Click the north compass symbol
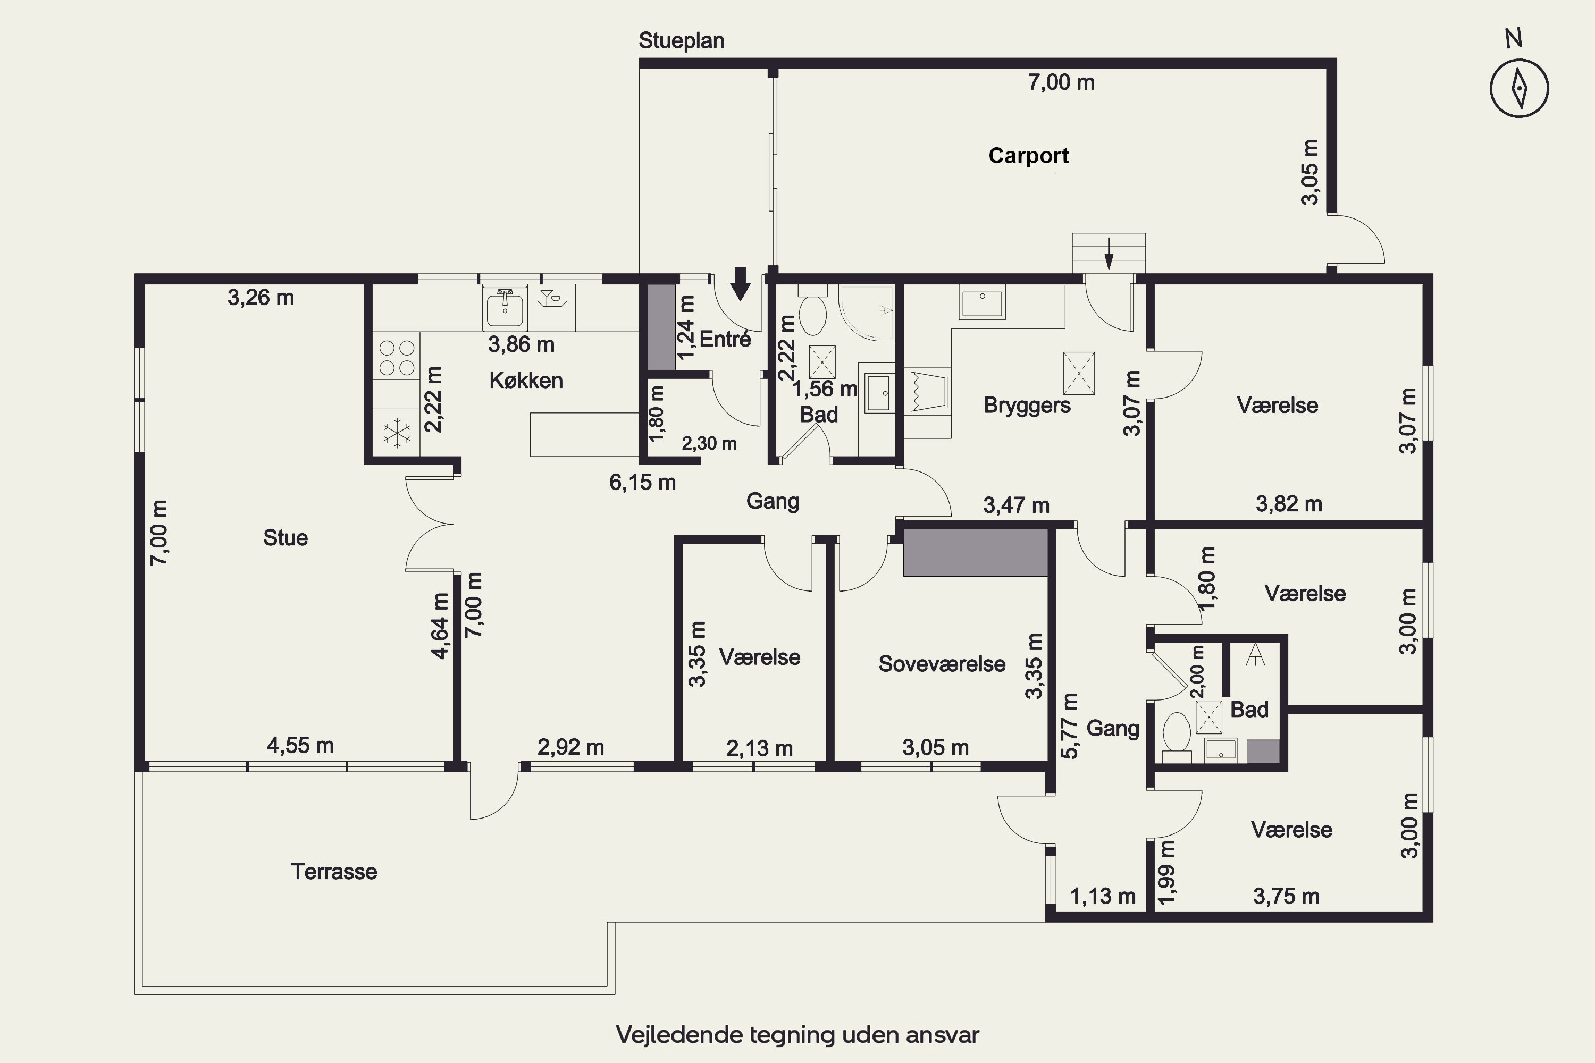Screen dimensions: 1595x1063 [1519, 88]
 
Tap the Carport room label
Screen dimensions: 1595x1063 [1028, 156]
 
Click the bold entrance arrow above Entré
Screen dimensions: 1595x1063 [741, 283]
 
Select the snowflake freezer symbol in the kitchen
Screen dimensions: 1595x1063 [397, 433]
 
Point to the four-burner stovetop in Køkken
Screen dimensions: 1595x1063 [397, 357]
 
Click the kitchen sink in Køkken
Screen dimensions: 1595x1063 [505, 308]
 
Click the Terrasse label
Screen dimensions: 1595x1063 [334, 871]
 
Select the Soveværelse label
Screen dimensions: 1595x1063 [942, 664]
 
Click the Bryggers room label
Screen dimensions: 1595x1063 [1027, 406]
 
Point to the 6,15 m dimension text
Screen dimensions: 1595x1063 [642, 483]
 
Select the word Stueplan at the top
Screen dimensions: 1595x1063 [682, 41]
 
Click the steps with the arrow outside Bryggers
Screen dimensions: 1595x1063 [1108, 252]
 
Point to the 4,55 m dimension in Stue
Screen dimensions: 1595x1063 [300, 746]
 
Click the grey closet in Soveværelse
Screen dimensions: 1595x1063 [976, 553]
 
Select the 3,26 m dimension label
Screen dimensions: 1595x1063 [261, 298]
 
